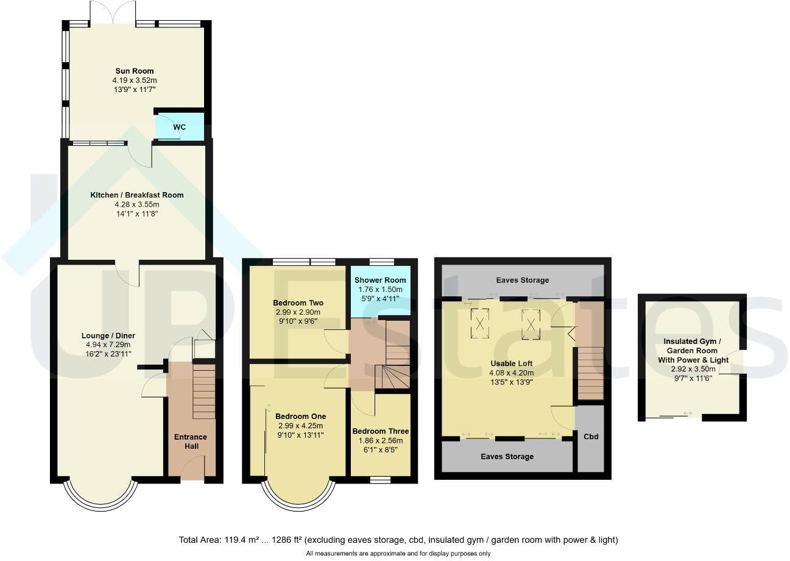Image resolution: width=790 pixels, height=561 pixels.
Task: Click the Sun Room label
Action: [135, 71]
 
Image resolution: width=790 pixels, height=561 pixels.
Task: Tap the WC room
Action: [179, 127]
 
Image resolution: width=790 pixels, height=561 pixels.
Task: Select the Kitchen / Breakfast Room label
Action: [137, 195]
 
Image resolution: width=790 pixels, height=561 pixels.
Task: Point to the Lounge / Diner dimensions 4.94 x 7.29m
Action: [108, 345]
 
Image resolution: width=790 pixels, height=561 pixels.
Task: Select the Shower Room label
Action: [380, 280]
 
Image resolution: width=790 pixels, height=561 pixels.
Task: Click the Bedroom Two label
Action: [298, 303]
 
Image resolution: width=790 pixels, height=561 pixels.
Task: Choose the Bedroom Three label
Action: [381, 431]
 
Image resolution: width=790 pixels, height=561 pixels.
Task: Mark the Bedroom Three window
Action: [381, 481]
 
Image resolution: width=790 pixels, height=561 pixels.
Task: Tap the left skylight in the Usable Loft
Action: [480, 322]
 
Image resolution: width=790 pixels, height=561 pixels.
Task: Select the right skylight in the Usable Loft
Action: [531, 322]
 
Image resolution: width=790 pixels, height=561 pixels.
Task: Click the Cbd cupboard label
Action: [590, 437]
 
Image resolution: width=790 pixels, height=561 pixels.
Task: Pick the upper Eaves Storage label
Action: [522, 280]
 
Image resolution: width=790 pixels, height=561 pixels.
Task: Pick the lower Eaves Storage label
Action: [507, 456]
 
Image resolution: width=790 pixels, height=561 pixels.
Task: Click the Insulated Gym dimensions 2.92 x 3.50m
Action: [693, 369]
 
